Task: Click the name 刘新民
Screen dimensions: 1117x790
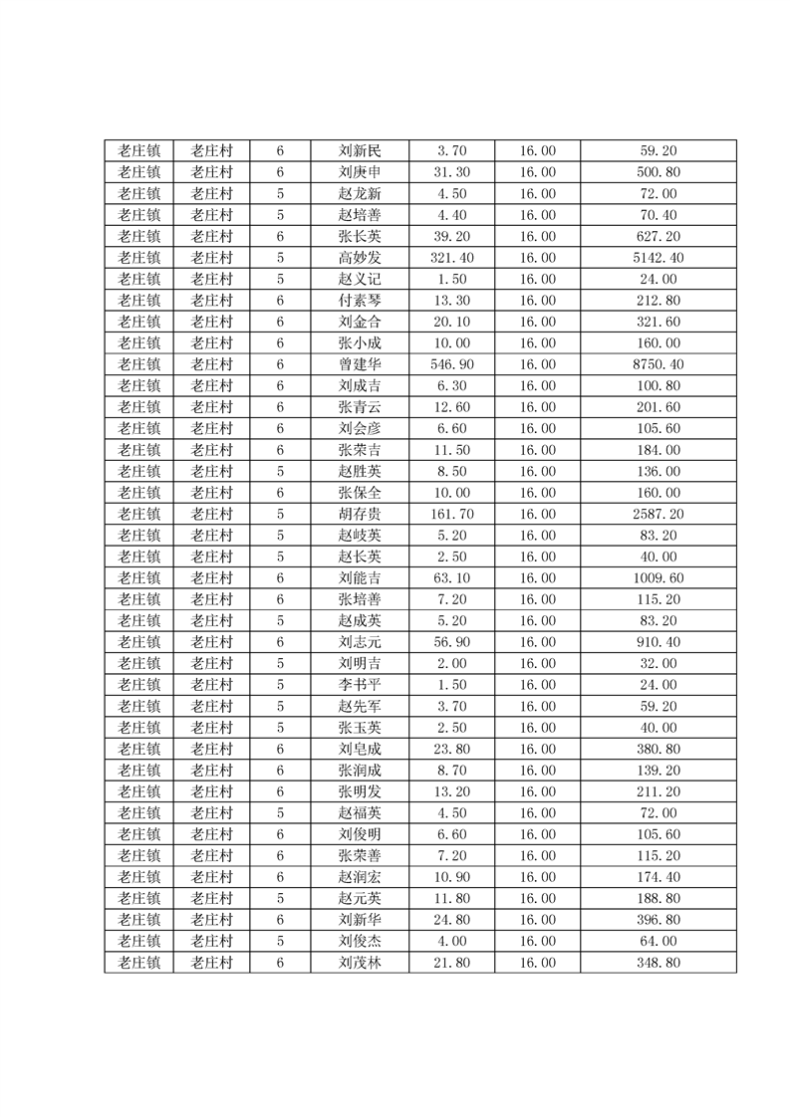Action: click(359, 151)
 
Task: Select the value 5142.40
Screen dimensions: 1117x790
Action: click(658, 258)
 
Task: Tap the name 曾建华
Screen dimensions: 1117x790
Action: click(359, 364)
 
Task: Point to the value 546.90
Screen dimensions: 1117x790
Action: click(451, 364)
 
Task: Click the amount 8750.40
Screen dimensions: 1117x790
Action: click(658, 364)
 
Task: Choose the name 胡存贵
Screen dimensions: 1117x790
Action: click(359, 514)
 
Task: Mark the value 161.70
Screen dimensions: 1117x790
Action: click(451, 514)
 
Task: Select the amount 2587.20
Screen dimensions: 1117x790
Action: click(658, 514)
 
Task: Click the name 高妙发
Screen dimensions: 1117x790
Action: click(359, 258)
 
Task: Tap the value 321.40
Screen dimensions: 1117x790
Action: click(451, 258)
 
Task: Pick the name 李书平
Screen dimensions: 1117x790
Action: click(359, 685)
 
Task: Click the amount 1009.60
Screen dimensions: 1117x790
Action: click(658, 577)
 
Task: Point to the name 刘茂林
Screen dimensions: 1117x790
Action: click(359, 962)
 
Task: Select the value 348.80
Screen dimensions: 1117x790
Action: click(658, 962)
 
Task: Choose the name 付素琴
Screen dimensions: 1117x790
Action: click(359, 301)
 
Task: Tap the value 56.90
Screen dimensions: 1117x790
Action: click(451, 642)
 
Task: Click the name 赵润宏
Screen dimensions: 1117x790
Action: click(359, 876)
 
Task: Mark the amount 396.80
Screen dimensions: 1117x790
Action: click(658, 919)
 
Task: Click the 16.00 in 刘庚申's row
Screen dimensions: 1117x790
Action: click(537, 172)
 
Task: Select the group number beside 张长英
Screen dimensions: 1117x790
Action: click(280, 237)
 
